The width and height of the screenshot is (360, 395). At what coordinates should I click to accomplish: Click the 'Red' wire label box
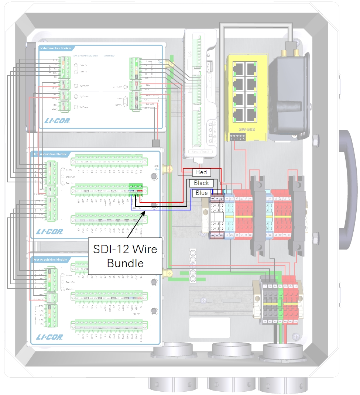201,172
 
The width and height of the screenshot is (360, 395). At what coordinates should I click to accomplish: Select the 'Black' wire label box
201,183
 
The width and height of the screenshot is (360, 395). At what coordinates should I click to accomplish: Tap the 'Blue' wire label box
202,193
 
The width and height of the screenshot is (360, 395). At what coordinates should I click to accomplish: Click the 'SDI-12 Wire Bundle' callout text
125,256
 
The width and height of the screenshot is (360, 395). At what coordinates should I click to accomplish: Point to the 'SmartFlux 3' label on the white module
200,151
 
